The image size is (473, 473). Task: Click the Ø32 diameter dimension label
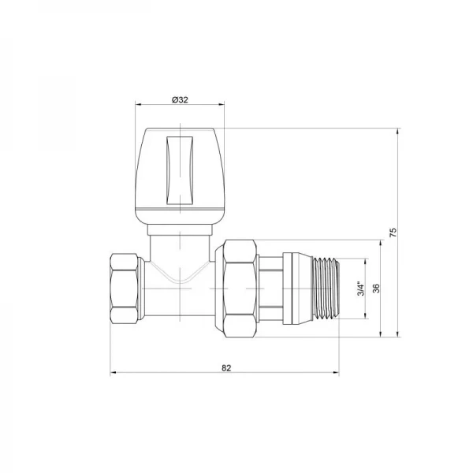pos(181,100)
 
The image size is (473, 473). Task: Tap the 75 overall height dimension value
pos(393,233)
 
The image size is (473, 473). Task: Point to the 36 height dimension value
pos(376,289)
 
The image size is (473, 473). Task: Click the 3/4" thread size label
pos(359,289)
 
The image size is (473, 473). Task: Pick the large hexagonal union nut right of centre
pos(240,289)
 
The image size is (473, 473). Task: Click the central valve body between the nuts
pos(181,296)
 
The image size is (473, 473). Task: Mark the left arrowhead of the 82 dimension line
pos(112,374)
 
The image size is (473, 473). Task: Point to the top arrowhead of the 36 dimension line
pos(382,241)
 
